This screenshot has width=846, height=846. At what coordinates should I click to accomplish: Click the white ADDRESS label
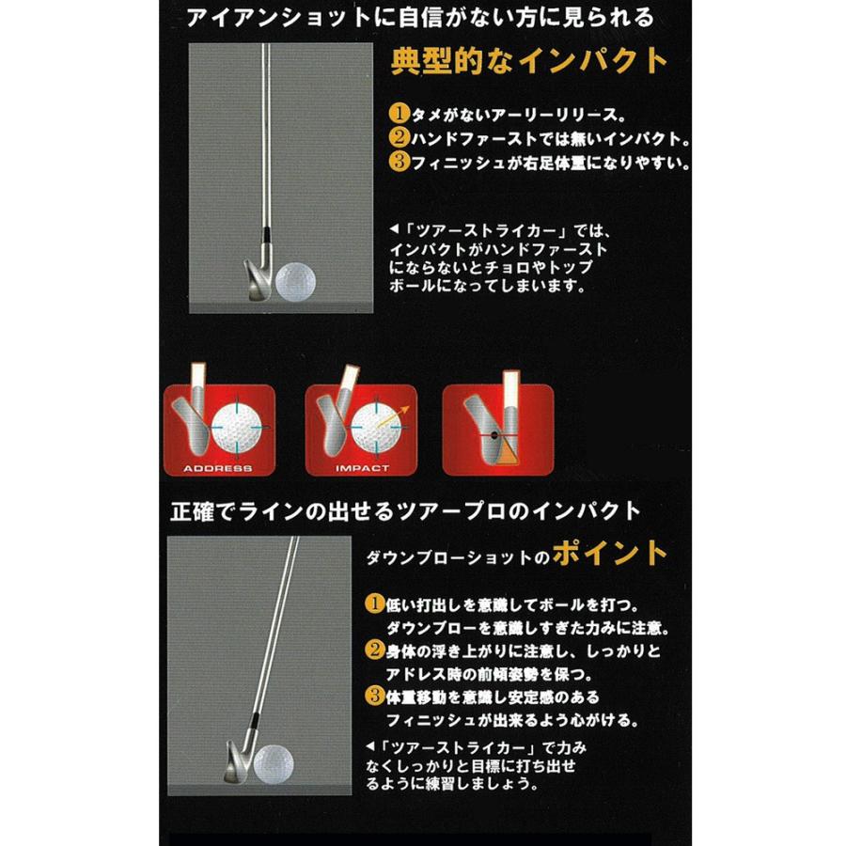click(217, 467)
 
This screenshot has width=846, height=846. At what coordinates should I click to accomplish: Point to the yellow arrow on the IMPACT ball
click(400, 412)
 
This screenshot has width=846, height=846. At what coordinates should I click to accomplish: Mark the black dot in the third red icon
click(493, 434)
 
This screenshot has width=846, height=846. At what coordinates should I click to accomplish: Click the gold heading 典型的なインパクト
click(529, 63)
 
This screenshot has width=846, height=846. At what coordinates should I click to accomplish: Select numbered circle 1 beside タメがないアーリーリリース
click(399, 115)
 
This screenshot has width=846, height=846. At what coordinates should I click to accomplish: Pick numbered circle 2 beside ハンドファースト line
click(399, 139)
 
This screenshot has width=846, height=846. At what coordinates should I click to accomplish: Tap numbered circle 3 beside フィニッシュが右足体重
click(399, 163)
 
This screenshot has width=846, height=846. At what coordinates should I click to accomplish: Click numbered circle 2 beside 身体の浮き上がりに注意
click(373, 651)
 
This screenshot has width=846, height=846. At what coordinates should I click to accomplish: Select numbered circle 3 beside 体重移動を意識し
click(373, 697)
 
